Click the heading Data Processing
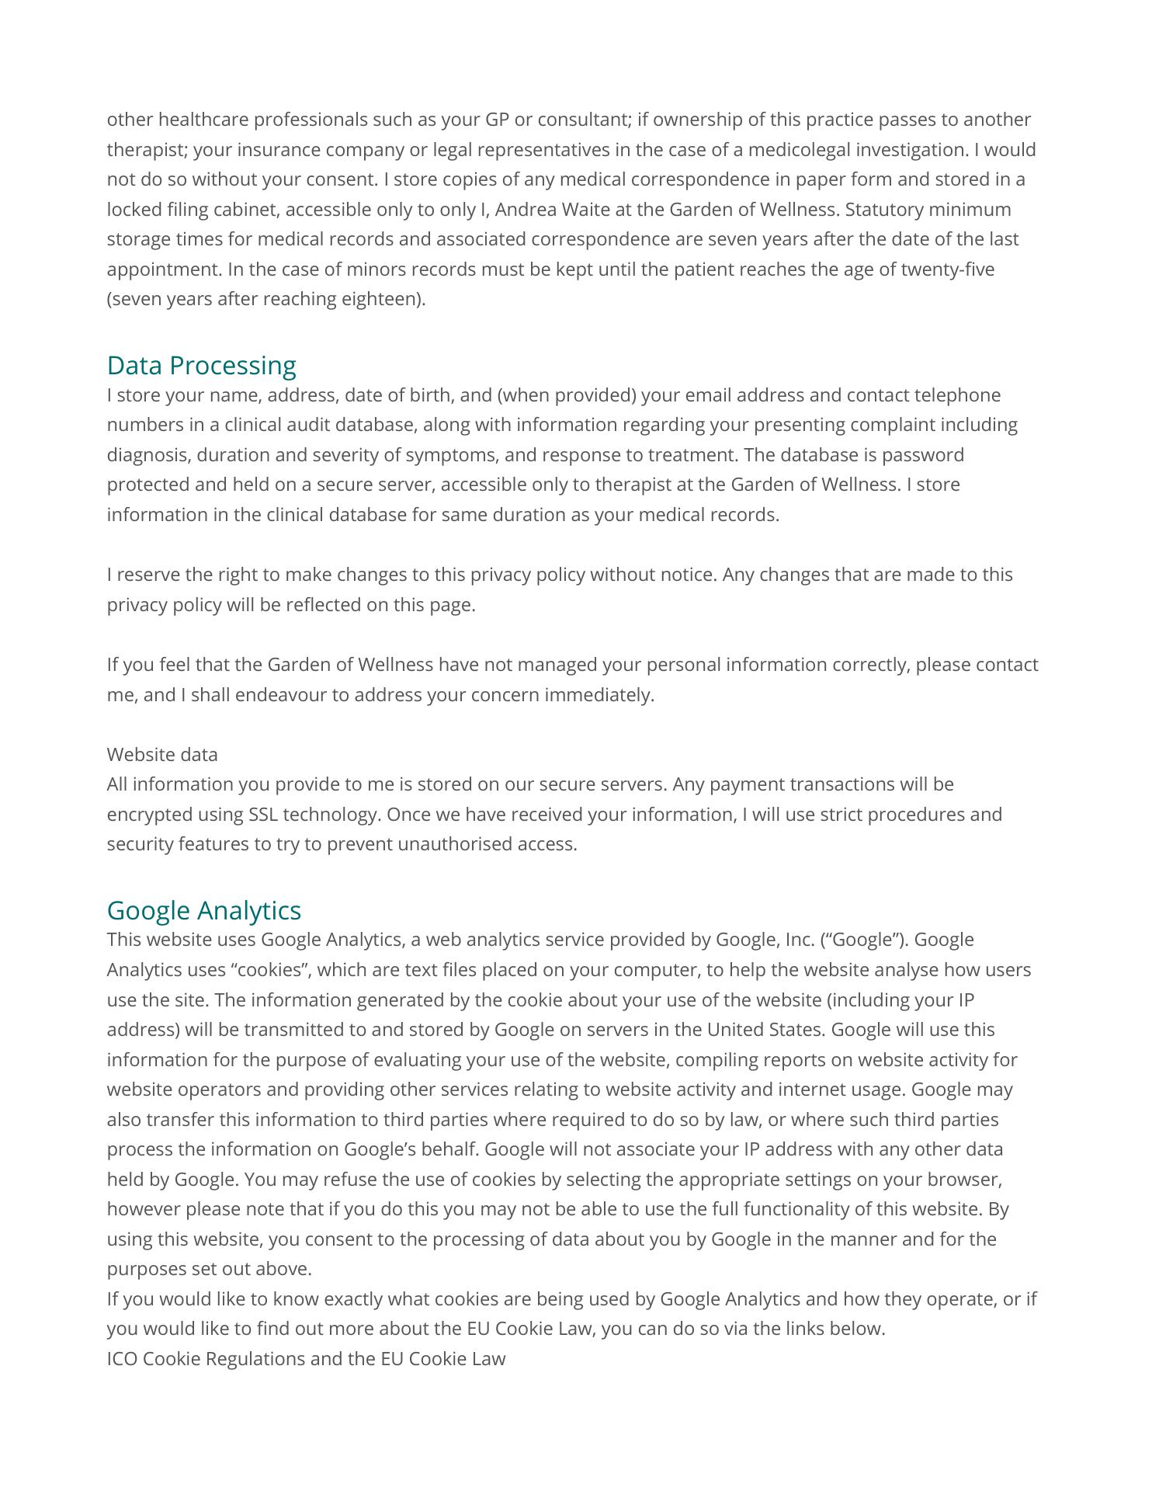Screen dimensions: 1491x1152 click(201, 365)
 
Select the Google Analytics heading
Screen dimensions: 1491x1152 click(203, 910)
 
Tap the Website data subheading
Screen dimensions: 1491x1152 click(162, 755)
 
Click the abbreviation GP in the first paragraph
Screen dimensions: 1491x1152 click(497, 120)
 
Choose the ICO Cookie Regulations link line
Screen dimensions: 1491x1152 click(306, 1359)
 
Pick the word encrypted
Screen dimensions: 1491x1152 click(149, 815)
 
